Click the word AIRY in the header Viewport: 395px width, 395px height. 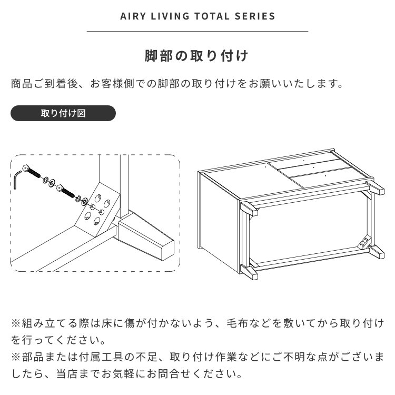pos(133,16)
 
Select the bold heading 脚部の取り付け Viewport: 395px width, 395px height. pos(196,56)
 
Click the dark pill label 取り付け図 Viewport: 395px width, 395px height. pos(63,113)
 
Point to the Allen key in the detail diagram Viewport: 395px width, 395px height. pos(17,179)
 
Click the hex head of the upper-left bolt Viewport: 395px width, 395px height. pos(25,168)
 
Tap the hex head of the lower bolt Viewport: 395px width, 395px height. pos(60,187)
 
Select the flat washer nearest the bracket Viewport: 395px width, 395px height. pos(84,201)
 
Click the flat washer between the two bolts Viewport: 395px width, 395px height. pos(52,182)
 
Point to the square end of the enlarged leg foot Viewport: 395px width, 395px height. pos(167,250)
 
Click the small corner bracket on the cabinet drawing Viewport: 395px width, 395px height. pos(364,242)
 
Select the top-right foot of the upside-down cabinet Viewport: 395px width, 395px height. pos(375,186)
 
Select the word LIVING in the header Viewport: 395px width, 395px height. pos(170,16)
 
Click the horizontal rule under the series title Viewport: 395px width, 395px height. pos(197,32)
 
